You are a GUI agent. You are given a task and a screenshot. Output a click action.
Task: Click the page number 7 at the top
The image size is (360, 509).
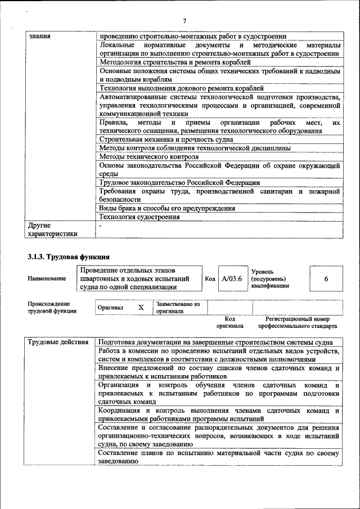click(x=184, y=21)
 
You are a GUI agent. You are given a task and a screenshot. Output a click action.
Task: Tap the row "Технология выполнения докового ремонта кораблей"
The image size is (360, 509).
click(x=181, y=88)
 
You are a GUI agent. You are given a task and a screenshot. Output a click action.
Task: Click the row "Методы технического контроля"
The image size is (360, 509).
click(x=148, y=156)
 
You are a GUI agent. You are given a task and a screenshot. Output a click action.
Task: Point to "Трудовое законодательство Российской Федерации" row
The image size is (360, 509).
click(x=179, y=183)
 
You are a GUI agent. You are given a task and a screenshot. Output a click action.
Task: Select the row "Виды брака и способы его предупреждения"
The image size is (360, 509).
click(x=167, y=209)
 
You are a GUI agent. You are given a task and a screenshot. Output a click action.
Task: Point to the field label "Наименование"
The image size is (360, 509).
click(x=45, y=278)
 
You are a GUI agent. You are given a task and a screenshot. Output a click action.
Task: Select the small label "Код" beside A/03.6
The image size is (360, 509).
click(x=209, y=278)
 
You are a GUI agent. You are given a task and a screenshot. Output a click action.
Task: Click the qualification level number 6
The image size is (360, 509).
click(x=326, y=278)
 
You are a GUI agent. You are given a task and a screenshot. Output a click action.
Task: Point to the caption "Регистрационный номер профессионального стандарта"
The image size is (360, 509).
click(x=298, y=322)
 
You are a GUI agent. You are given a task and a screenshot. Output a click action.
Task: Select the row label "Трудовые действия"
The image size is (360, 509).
click(x=57, y=343)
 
